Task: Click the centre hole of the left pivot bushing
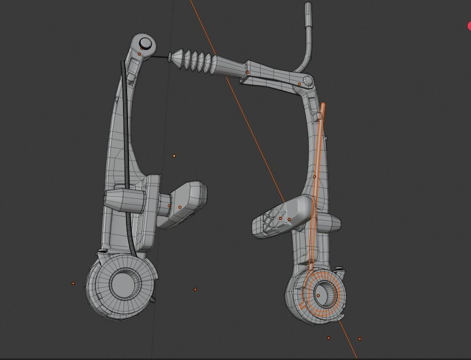pyautogui.click(x=121, y=283)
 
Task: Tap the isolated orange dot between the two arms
pyautogui.click(x=175, y=156)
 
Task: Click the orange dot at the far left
pyautogui.click(x=73, y=283)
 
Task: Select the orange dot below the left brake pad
pyautogui.click(x=195, y=290)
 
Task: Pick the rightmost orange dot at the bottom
pyautogui.click(x=360, y=339)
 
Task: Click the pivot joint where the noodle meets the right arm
pyautogui.click(x=308, y=80)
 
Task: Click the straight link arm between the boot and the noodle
pyautogui.click(x=270, y=74)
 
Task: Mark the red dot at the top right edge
pyautogui.click(x=469, y=25)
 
